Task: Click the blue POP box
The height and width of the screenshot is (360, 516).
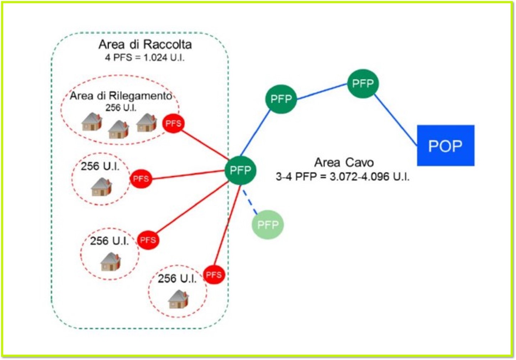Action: point(446,145)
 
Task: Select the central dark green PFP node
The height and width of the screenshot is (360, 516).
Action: point(241,170)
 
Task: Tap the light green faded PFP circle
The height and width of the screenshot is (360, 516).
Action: point(268,224)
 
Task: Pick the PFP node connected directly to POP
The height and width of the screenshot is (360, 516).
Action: point(363,84)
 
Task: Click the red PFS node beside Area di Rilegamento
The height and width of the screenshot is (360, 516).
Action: point(173,123)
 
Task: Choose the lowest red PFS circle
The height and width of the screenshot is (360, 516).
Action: point(214,275)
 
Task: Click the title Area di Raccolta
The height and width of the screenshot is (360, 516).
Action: point(145,44)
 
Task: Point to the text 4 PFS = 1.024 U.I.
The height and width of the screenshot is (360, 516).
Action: point(145,58)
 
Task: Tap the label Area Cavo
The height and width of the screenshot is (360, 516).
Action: point(344,163)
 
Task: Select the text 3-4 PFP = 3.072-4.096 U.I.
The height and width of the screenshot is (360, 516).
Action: point(342,176)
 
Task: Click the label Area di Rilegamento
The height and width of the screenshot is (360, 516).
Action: point(121,96)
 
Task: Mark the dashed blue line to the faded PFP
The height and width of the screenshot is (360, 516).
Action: point(250,202)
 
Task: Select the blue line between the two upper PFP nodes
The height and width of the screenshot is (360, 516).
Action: point(322,91)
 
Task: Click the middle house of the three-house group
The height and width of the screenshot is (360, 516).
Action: point(119,129)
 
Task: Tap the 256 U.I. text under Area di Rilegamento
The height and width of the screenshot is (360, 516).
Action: point(121,107)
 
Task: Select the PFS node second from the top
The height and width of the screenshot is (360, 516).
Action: point(141,179)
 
